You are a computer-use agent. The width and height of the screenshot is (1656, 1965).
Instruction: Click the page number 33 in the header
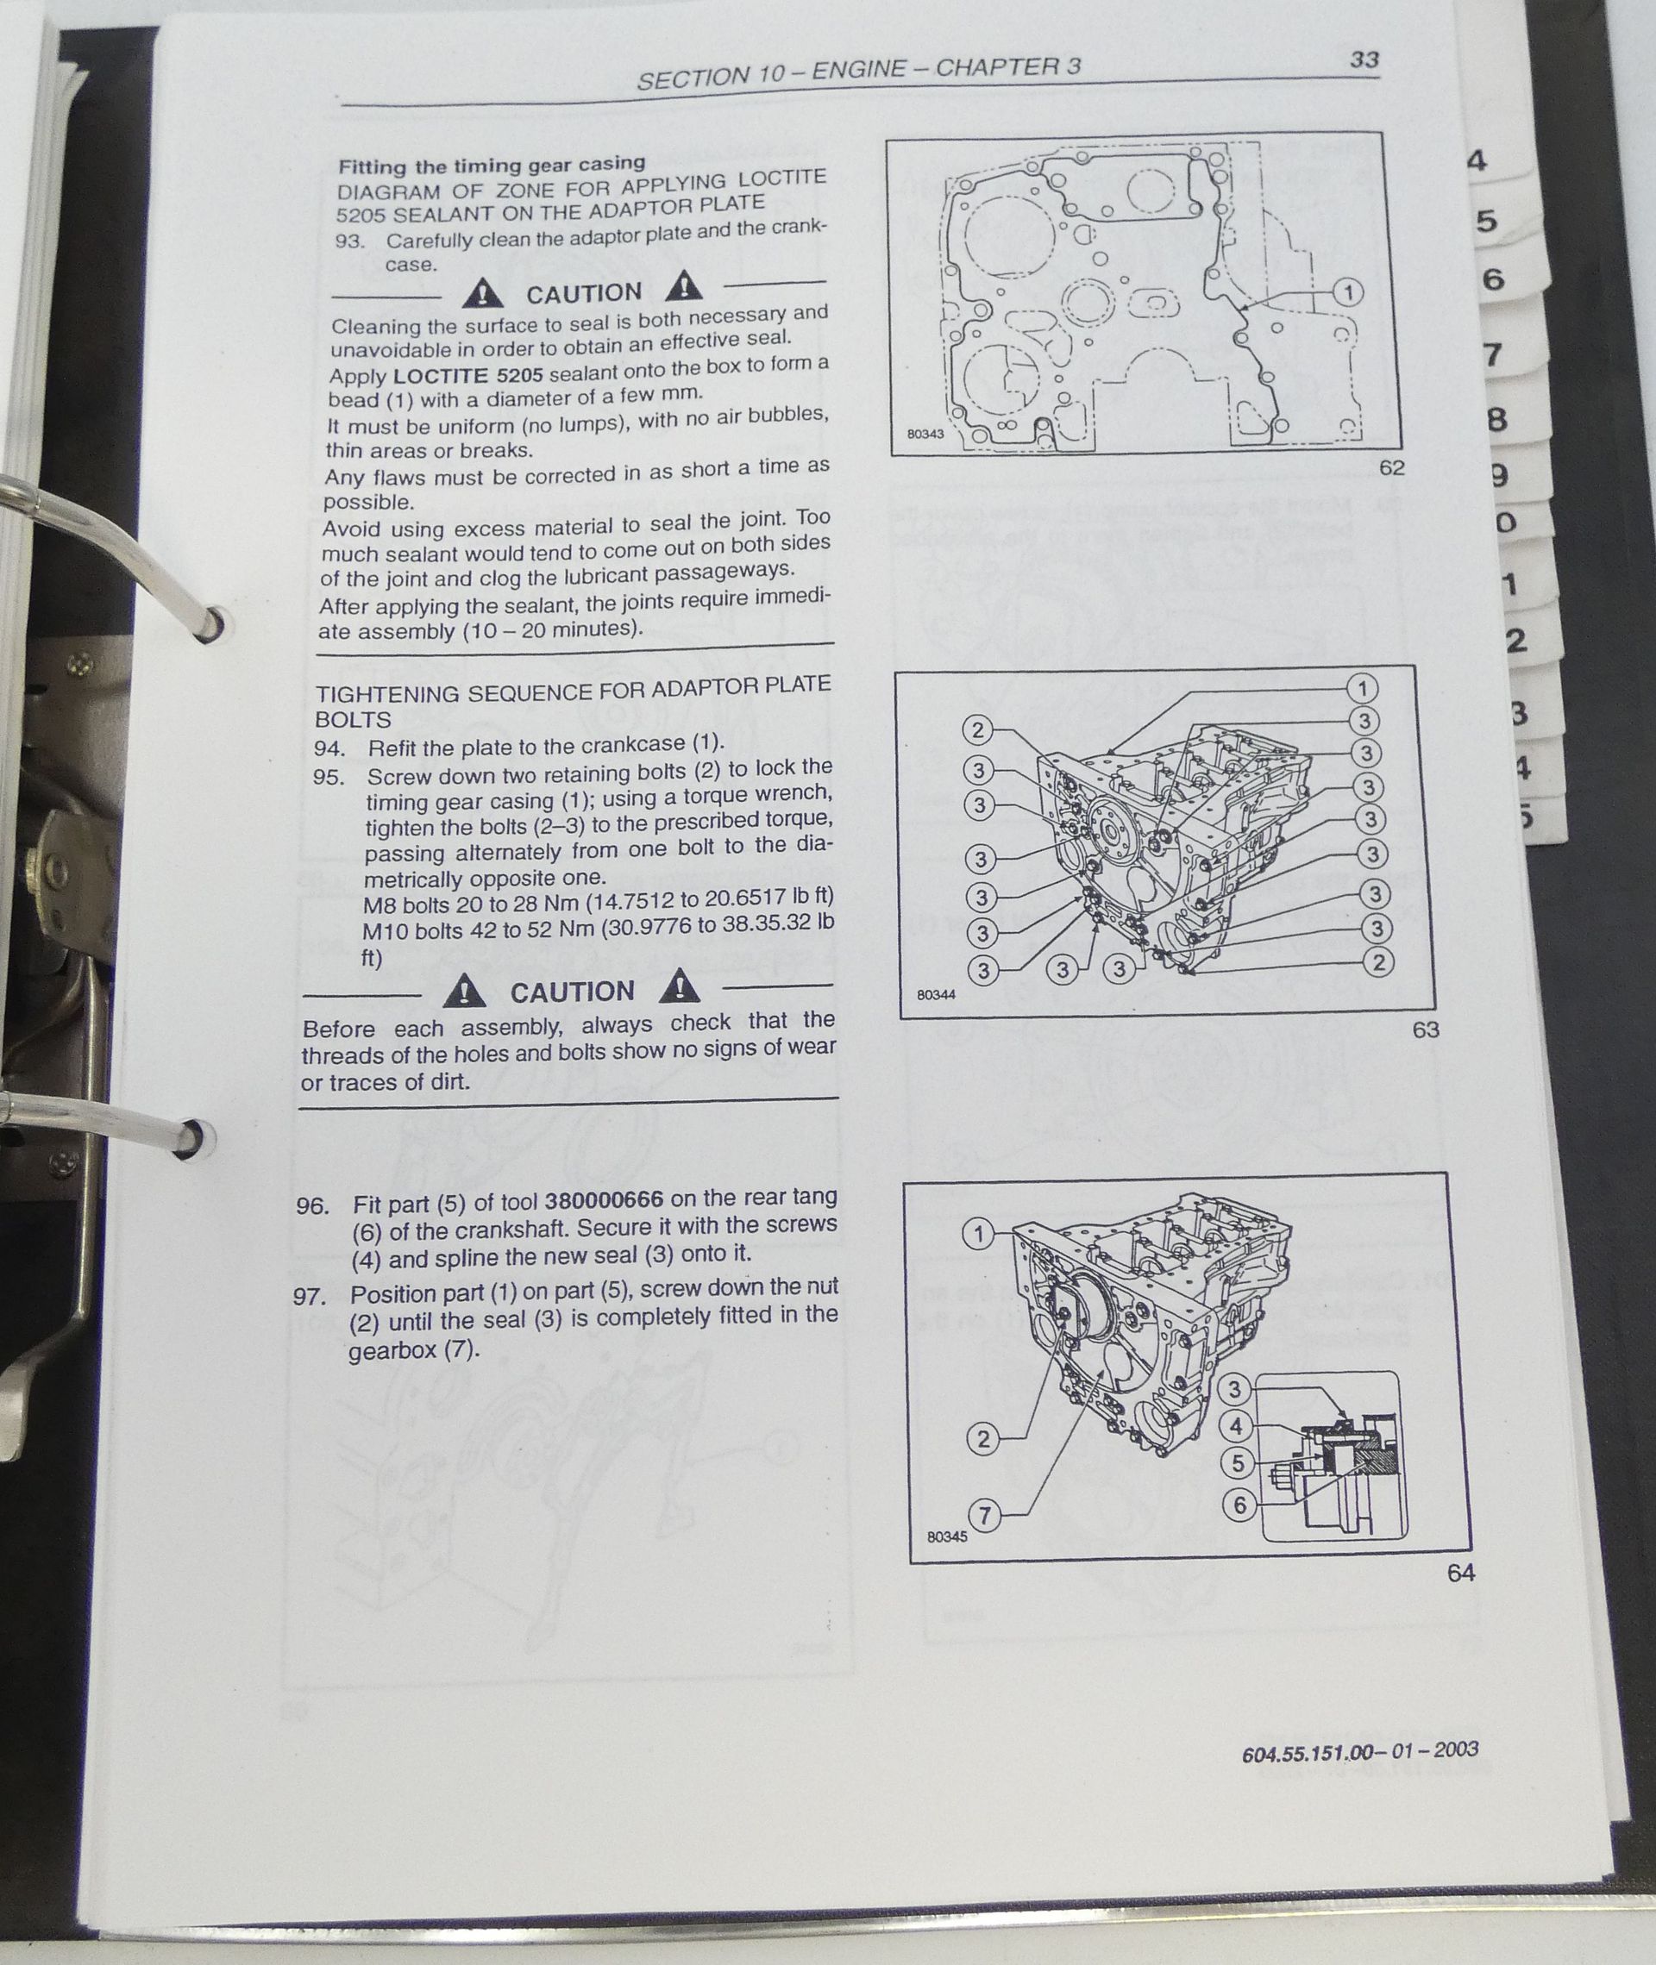[x=1363, y=59]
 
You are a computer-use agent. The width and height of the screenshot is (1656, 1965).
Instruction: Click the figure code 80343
[x=925, y=434]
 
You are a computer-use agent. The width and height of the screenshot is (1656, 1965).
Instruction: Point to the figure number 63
[x=1425, y=1029]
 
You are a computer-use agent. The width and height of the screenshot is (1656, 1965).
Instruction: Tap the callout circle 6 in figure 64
[x=1239, y=1505]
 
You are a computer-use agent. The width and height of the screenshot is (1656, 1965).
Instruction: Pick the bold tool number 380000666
[x=604, y=1199]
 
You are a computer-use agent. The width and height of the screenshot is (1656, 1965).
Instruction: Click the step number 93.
[x=349, y=241]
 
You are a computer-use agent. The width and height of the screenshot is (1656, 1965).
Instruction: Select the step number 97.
[x=308, y=1298]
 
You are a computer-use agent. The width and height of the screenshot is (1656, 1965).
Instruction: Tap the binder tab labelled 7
[x=1493, y=354]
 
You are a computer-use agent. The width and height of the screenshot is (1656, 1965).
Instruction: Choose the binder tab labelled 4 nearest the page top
[x=1477, y=161]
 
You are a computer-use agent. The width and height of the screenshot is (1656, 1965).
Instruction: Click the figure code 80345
[x=946, y=1537]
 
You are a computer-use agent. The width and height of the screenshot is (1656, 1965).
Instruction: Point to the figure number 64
[x=1461, y=1573]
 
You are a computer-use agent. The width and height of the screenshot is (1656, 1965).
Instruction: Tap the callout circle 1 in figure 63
[x=1362, y=689]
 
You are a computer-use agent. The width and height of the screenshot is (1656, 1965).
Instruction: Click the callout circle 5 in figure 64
[x=1238, y=1462]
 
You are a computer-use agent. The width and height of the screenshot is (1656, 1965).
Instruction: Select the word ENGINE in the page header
[x=859, y=71]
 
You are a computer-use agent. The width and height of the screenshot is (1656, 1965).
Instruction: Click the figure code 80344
[x=936, y=995]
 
